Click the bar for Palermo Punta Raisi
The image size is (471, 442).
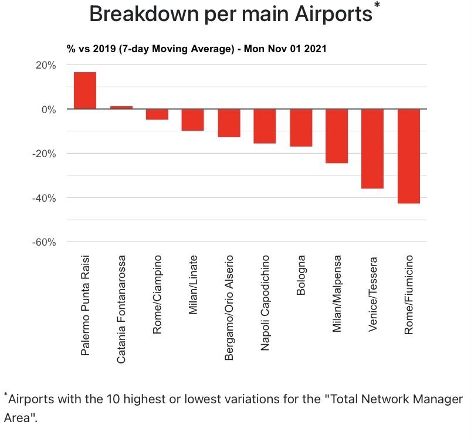(85, 90)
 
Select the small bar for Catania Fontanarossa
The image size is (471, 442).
(121, 107)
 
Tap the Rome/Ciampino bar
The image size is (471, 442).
(157, 114)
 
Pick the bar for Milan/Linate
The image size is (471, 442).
(193, 120)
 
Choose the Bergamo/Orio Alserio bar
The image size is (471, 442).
(229, 123)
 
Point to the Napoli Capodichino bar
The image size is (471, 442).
(265, 126)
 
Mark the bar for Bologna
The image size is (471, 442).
(301, 128)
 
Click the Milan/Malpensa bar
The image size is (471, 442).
(337, 136)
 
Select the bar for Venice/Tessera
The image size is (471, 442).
(372, 149)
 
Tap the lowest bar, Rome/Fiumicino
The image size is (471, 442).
(409, 157)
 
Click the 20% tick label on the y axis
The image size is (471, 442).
(45, 65)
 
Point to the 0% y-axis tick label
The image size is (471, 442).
(48, 110)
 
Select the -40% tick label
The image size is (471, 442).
(43, 198)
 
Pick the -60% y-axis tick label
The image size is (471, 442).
(43, 242)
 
